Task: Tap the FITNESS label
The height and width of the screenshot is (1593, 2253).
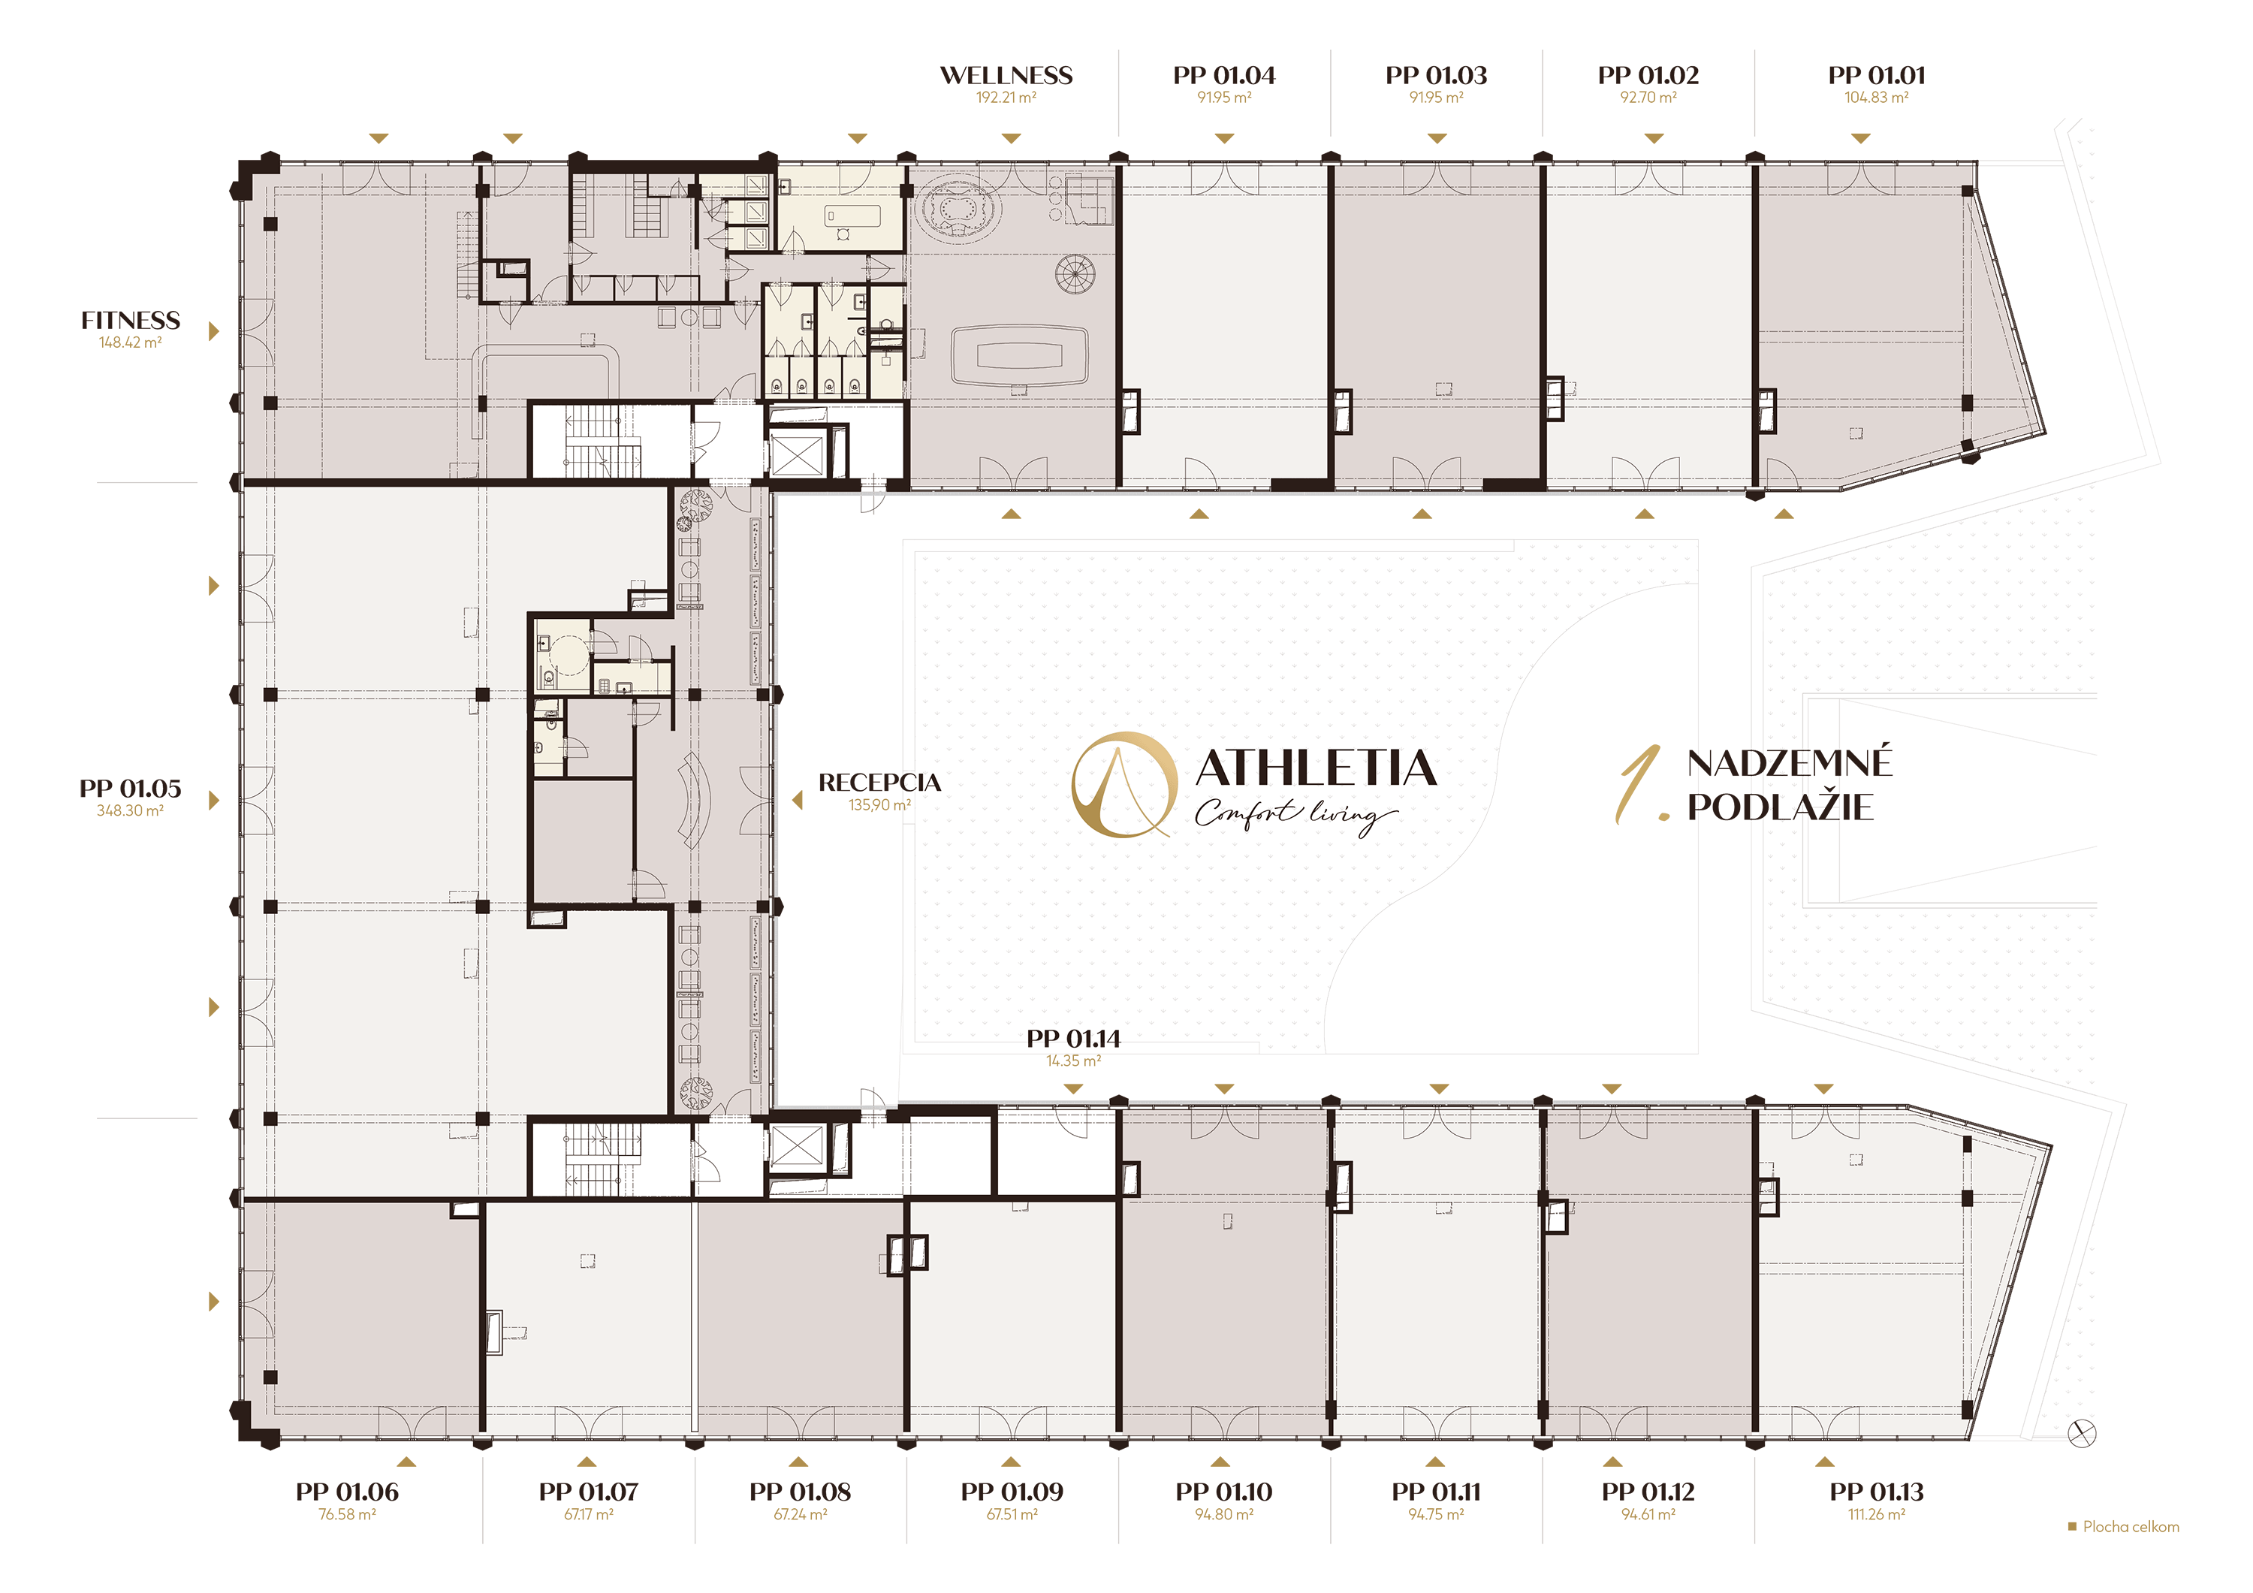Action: pyautogui.click(x=131, y=321)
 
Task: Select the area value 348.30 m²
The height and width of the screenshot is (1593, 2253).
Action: pyautogui.click(x=129, y=810)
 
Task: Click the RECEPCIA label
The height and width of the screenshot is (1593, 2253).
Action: pyautogui.click(x=879, y=783)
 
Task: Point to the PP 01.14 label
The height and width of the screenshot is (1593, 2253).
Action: pyautogui.click(x=1073, y=1039)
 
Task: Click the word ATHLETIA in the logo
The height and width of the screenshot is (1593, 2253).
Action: pyautogui.click(x=1316, y=768)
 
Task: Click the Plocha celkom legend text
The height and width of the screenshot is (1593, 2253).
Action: pyautogui.click(x=2131, y=1527)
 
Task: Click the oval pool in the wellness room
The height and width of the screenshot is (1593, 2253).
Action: pyautogui.click(x=1020, y=355)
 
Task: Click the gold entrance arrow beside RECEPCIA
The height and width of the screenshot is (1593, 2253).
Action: pyautogui.click(x=798, y=801)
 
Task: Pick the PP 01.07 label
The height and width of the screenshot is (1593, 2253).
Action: pyautogui.click(x=588, y=1492)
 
